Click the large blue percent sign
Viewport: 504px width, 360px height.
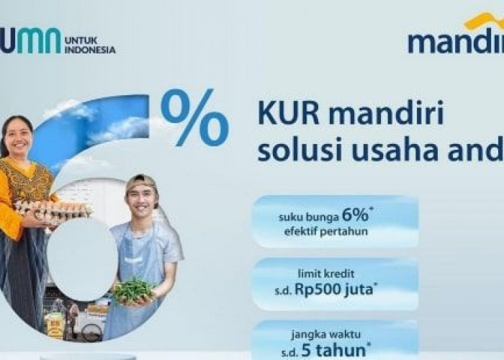194,117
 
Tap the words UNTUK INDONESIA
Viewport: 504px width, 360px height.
89,45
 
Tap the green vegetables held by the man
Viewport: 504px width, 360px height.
135,291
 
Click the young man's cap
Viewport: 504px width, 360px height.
141,181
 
